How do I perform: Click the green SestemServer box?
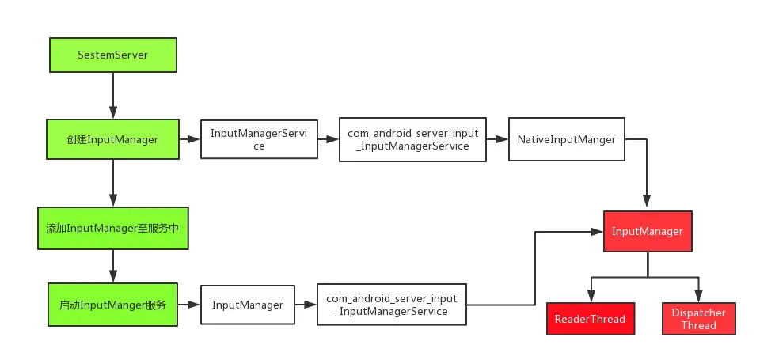tap(112, 55)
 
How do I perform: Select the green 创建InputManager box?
tap(112, 140)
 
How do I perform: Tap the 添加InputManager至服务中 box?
tap(112, 228)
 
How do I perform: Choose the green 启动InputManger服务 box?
tap(112, 304)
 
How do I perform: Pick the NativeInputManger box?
tap(566, 140)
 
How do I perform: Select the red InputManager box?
tap(648, 231)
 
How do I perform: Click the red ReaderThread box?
tap(590, 319)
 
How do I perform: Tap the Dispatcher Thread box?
tap(699, 319)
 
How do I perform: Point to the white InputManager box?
tap(247, 305)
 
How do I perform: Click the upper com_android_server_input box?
tap(412, 140)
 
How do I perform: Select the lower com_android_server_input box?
tap(392, 305)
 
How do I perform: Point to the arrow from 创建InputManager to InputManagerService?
tap(189, 140)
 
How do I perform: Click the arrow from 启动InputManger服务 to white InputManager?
tap(188, 305)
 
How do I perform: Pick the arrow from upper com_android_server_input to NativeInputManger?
tap(496, 140)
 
